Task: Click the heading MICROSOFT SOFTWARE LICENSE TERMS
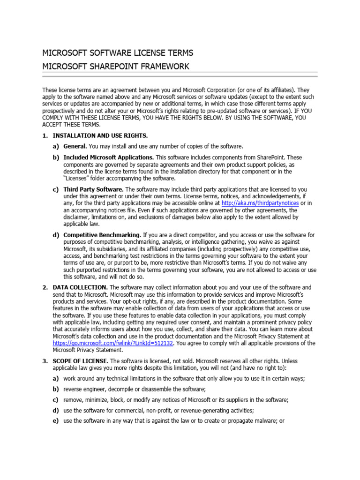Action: click(x=118, y=52)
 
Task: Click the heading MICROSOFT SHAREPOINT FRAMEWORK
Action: click(x=116, y=67)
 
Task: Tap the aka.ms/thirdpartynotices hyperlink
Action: click(x=260, y=203)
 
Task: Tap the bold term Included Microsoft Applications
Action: click(x=108, y=157)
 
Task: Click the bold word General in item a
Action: click(x=75, y=147)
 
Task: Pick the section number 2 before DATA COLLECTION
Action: click(x=45, y=287)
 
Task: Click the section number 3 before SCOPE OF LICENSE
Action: click(x=45, y=361)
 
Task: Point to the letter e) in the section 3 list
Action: click(x=56, y=421)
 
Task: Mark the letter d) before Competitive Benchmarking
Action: click(x=56, y=234)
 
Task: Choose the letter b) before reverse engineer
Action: click(x=56, y=389)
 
